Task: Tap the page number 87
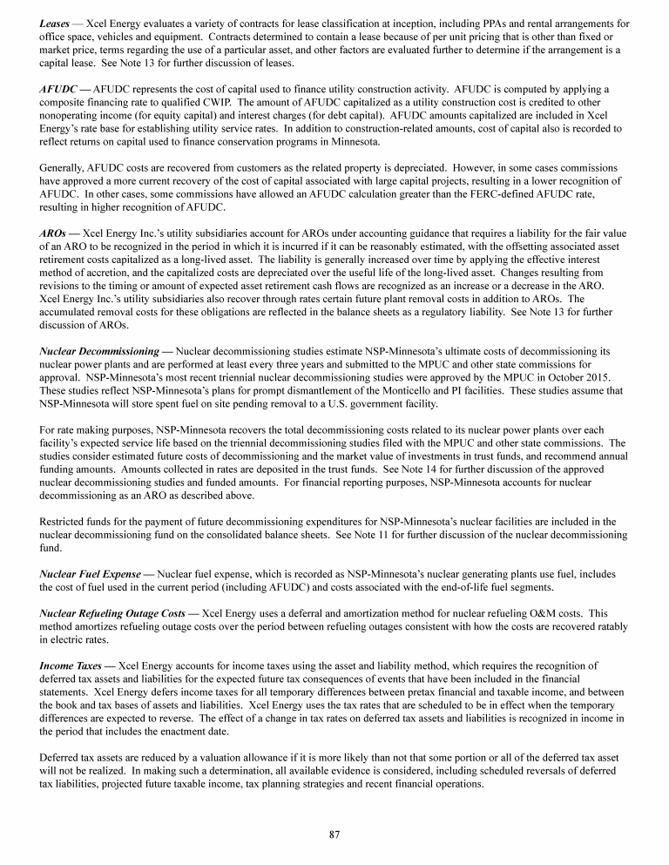(x=334, y=834)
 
